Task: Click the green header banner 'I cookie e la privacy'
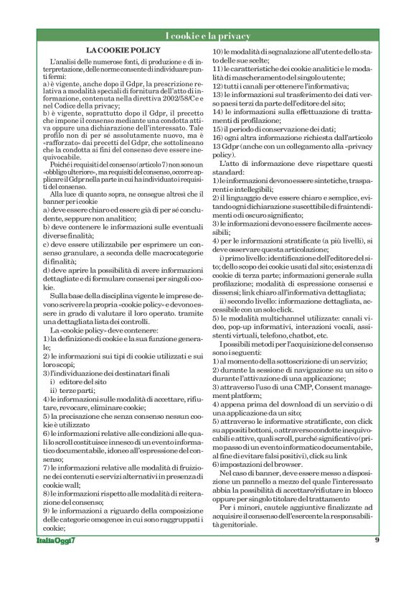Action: coord(208,36)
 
